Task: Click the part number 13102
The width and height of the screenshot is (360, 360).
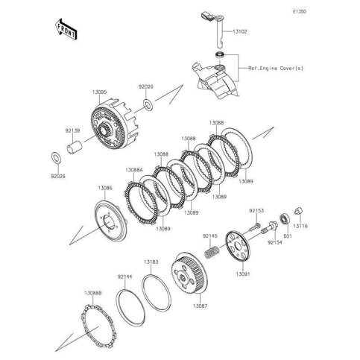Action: tap(241, 32)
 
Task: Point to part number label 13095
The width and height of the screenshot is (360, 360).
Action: tap(99, 92)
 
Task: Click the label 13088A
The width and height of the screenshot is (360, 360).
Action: tap(135, 170)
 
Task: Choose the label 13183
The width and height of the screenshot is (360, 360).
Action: tap(151, 262)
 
